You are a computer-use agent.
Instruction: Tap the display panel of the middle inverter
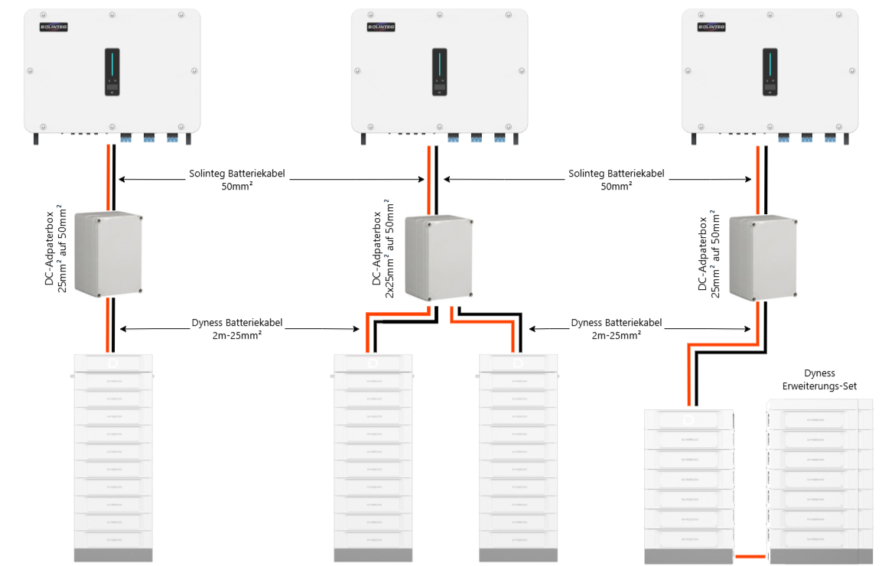tap(440, 72)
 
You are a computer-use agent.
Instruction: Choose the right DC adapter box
tap(762, 259)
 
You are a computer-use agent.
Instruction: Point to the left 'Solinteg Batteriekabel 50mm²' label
tap(237, 180)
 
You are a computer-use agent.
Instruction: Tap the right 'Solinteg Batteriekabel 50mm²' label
tap(617, 180)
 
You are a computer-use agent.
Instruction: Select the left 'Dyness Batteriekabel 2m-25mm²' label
tap(237, 329)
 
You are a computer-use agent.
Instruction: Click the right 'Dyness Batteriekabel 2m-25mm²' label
tap(617, 329)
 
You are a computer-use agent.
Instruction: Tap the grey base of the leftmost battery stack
tap(112, 555)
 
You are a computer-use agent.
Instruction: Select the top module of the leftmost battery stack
tap(112, 363)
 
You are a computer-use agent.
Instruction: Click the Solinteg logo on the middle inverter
tap(380, 27)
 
